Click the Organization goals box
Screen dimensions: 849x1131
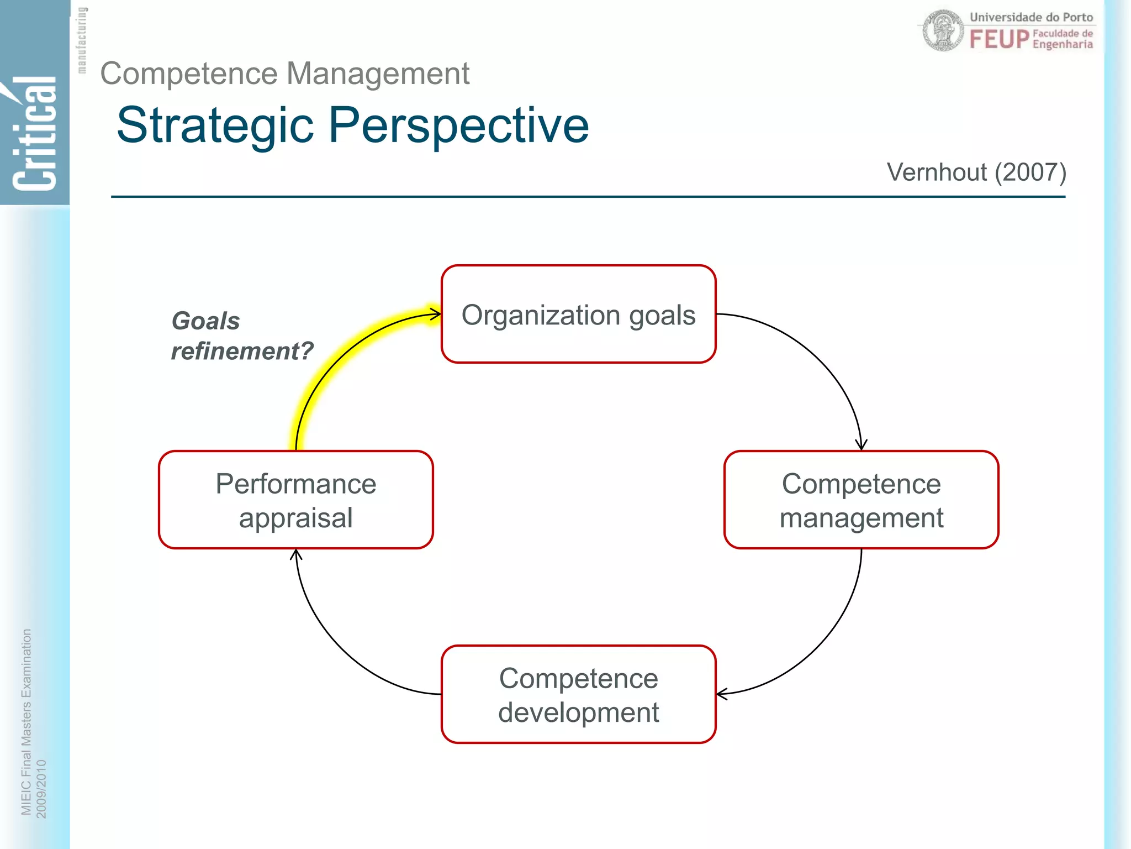(578, 314)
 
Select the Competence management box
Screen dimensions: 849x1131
(861, 500)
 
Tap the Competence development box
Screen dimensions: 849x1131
(578, 694)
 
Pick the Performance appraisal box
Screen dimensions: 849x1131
(295, 500)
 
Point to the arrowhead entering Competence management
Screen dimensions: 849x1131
(861, 445)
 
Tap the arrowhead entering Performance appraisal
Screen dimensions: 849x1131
(297, 554)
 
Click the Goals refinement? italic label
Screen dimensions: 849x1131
(241, 336)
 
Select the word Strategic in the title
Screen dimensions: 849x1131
(215, 126)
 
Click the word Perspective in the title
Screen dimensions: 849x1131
(458, 126)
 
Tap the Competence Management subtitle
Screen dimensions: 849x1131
(284, 74)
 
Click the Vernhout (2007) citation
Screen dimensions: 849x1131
(976, 172)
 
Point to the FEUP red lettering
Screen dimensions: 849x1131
(999, 40)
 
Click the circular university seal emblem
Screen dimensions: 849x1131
(943, 31)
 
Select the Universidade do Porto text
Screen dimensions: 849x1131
(1030, 17)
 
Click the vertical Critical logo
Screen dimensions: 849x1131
(35, 133)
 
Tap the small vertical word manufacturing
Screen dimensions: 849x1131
(82, 40)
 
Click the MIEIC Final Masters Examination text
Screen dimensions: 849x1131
(26, 721)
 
